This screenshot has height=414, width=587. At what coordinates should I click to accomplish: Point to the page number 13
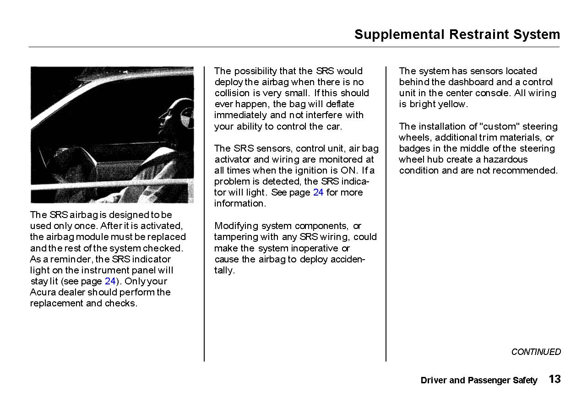point(554,379)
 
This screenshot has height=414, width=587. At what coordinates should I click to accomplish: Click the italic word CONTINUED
point(536,352)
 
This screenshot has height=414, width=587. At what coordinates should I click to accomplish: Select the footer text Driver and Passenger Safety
point(478,381)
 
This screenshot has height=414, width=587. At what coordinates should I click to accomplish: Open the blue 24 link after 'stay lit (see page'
point(110,281)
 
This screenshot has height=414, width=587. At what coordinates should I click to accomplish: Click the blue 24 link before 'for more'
point(318,192)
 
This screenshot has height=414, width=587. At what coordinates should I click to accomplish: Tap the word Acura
point(43,292)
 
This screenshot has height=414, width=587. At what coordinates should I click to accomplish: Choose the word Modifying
point(236,226)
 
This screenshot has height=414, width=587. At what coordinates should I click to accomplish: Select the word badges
point(413,148)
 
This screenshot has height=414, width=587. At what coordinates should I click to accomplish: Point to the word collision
point(232,93)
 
